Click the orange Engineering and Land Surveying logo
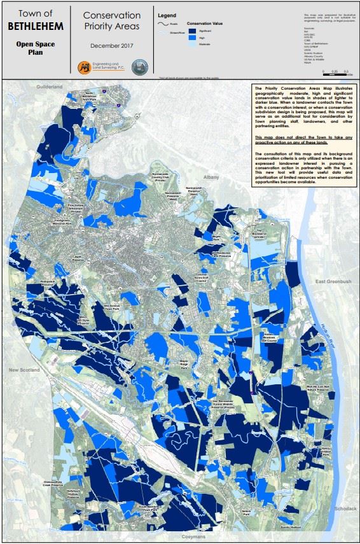coord(83,67)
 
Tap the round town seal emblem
coord(137,67)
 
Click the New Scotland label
coord(24,369)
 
